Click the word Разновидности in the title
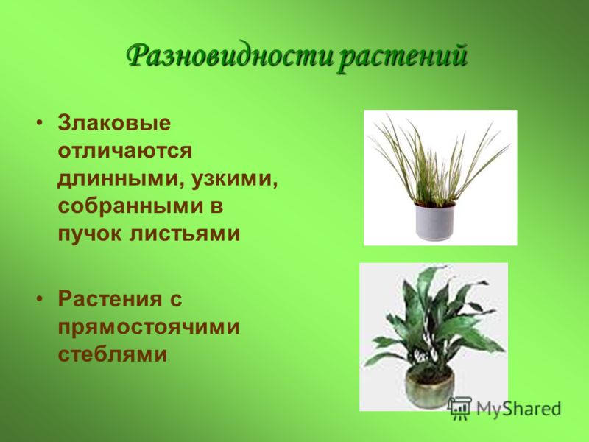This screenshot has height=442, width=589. point(230,57)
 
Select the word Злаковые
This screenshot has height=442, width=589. point(114,123)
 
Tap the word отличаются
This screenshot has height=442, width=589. point(124,151)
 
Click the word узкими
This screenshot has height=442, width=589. point(234,179)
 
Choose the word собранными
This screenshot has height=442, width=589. point(132,206)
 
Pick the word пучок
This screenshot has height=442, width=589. point(90,234)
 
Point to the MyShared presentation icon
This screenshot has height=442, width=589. point(461,408)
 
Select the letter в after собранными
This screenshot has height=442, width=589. point(216,206)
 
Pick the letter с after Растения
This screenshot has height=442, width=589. point(176,300)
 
